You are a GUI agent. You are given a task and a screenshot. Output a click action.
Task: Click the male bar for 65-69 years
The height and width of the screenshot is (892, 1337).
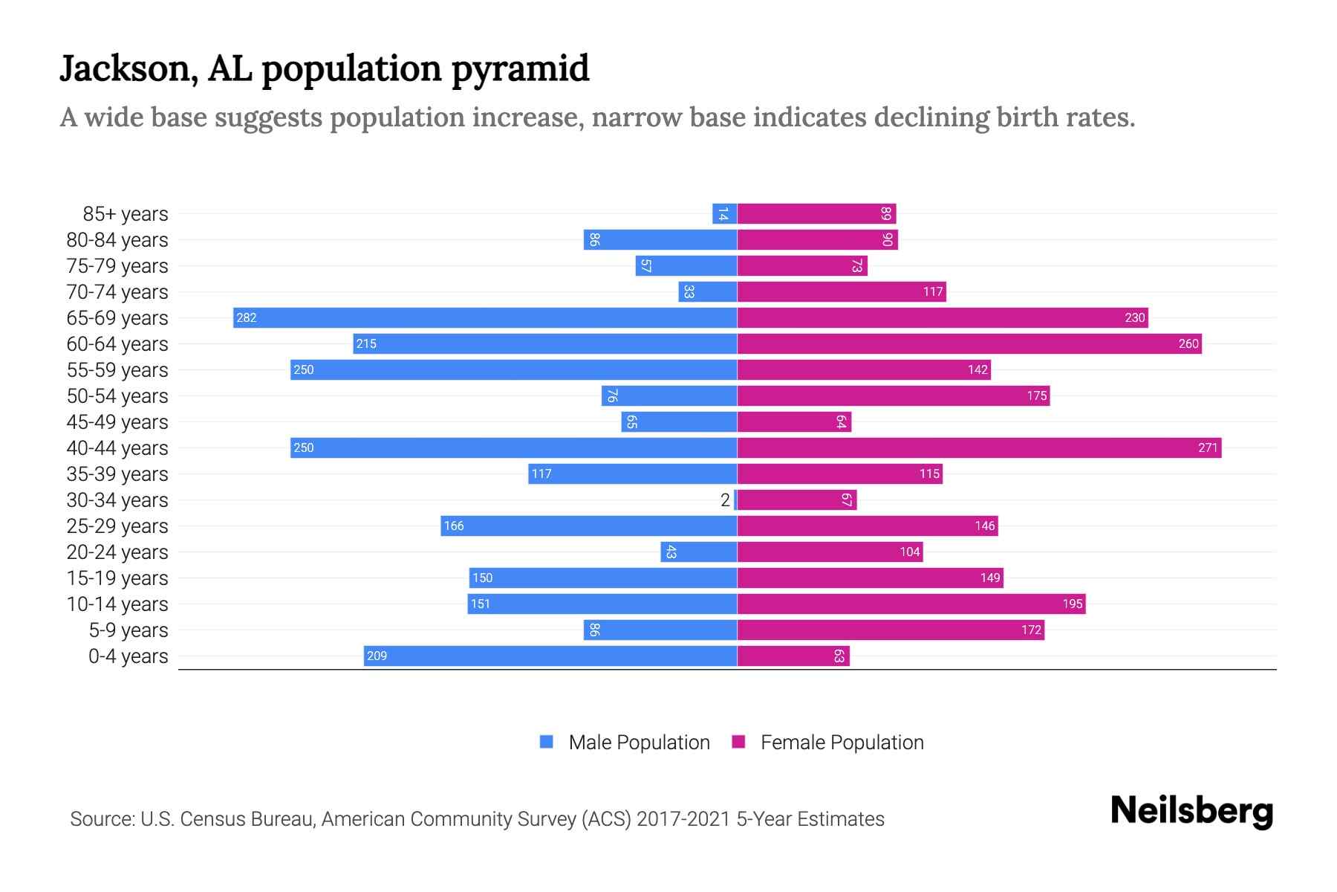point(484,318)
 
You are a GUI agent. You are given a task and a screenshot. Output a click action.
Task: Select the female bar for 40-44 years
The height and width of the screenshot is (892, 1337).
point(979,448)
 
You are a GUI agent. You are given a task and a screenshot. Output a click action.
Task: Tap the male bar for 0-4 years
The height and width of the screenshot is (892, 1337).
point(550,656)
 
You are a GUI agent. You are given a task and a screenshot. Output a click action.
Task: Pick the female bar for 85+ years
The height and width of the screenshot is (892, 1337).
point(816,214)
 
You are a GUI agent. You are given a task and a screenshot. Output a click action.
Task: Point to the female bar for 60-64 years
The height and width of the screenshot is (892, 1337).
point(969,344)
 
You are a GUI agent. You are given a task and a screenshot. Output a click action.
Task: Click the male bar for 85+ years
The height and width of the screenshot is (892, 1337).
point(724,214)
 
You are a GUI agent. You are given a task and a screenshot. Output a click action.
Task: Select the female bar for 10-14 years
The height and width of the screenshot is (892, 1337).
point(911,604)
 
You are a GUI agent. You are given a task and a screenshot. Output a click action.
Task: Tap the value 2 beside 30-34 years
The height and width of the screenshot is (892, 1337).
point(725,500)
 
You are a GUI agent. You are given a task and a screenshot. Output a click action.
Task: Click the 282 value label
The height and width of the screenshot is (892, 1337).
point(246,318)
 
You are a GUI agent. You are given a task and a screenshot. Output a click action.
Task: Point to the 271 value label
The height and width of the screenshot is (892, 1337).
point(1208,448)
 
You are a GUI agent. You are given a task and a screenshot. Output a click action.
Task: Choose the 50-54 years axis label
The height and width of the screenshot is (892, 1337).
point(117,396)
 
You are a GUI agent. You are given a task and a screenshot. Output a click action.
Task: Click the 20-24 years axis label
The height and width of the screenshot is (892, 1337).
point(117,552)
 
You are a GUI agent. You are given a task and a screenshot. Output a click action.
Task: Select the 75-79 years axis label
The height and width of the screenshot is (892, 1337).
point(117,266)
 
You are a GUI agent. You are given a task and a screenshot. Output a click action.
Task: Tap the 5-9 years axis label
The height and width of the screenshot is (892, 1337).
point(128,630)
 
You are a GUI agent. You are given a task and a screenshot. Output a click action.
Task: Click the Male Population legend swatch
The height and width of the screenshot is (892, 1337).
point(547,742)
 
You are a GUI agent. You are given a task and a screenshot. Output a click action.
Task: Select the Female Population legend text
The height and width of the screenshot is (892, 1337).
point(842,743)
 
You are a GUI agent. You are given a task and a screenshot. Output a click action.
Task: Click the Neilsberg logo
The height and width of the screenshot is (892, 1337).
point(1191,811)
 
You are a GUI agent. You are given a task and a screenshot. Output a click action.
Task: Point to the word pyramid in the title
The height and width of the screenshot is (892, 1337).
point(520,69)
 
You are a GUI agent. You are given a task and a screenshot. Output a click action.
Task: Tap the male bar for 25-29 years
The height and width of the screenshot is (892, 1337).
point(588,526)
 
